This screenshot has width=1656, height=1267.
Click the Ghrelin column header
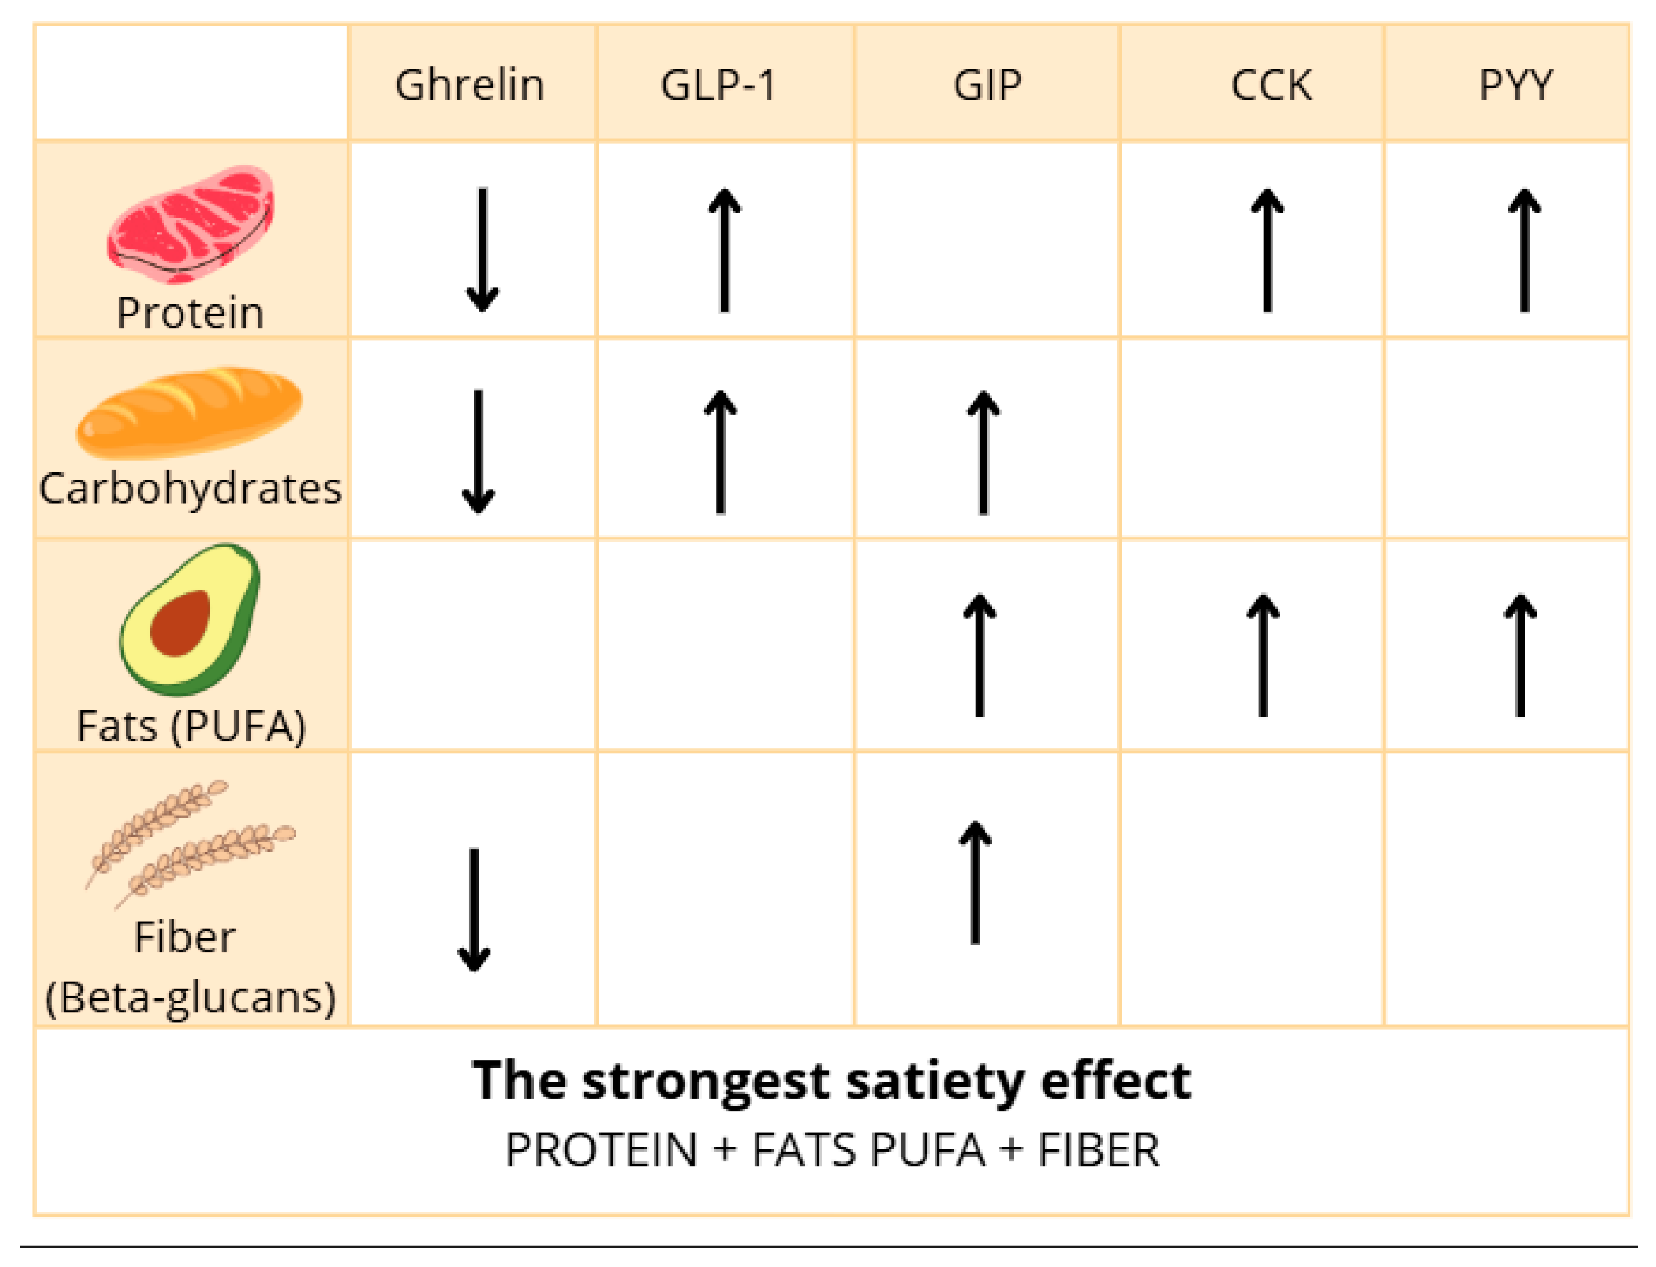tap(468, 84)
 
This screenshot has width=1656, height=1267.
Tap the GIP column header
tap(986, 84)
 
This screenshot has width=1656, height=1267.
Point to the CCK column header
tap(1271, 84)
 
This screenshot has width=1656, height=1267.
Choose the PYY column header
tap(1515, 84)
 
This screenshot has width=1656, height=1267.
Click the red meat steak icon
tap(191, 224)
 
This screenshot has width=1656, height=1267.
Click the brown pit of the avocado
tap(179, 623)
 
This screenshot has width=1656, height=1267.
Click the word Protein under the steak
tap(189, 313)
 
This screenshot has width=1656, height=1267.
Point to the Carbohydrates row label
tap(190, 489)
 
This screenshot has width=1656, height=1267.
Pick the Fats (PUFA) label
tap(191, 726)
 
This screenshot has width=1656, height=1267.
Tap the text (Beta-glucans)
tap(190, 998)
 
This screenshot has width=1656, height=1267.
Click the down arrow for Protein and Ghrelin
tap(482, 249)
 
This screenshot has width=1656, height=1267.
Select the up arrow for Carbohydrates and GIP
tap(983, 452)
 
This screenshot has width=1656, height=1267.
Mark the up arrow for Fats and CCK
tap(1262, 655)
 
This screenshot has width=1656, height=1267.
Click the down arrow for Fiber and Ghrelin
tap(474, 910)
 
